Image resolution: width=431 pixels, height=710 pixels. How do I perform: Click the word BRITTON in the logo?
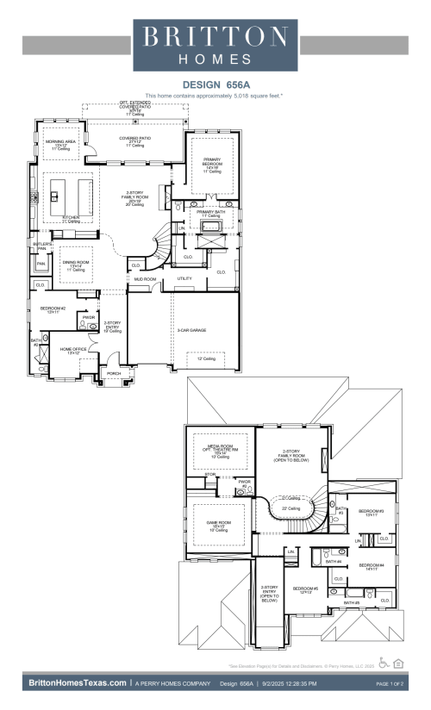click(215, 37)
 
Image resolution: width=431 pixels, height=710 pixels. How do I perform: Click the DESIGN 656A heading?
click(215, 84)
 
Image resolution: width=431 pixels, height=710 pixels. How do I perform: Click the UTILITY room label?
click(184, 278)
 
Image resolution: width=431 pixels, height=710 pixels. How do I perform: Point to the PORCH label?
click(113, 373)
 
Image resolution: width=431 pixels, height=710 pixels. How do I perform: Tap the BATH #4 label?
click(334, 562)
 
